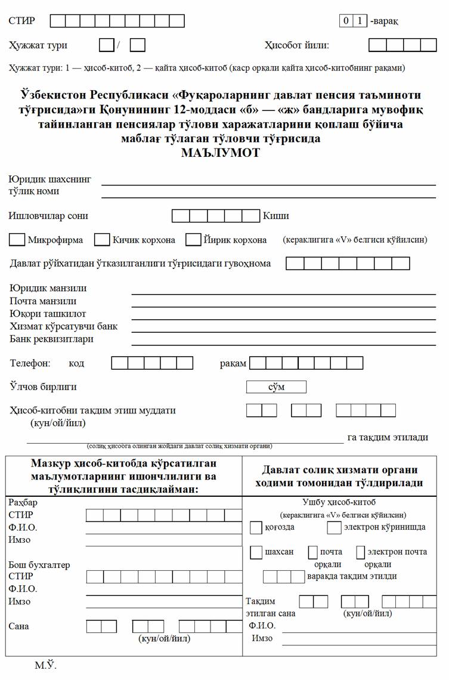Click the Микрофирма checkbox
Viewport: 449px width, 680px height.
click(17, 240)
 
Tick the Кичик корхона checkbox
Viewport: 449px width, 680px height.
click(103, 240)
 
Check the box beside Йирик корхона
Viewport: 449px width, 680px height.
click(193, 240)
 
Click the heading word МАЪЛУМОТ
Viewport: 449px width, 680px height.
click(221, 152)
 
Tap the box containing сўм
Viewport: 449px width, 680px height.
click(276, 387)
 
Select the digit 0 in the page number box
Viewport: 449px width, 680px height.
click(346, 21)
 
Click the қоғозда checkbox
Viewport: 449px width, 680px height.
click(256, 527)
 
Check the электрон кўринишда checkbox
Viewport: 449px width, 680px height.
click(333, 527)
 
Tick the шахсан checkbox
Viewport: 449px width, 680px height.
click(256, 552)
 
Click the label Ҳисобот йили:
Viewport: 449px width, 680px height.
click(296, 45)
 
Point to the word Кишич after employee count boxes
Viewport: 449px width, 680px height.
click(276, 216)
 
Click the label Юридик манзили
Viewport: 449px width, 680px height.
click(48, 288)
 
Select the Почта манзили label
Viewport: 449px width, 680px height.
click(43, 301)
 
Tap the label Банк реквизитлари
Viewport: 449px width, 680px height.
click(51, 339)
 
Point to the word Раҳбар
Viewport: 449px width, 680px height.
click(23, 502)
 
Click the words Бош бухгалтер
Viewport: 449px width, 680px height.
click(39, 564)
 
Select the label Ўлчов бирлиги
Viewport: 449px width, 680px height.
click(43, 387)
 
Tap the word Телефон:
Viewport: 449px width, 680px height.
click(30, 363)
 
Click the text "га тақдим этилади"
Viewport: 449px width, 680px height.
click(388, 437)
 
